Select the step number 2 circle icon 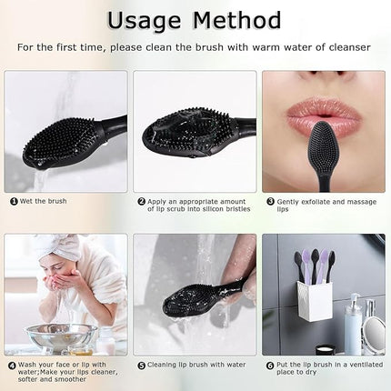(x=142, y=201)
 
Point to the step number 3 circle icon (x=271, y=201)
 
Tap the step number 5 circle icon (x=142, y=365)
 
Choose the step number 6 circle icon (x=271, y=365)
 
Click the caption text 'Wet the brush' (x=45, y=201)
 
